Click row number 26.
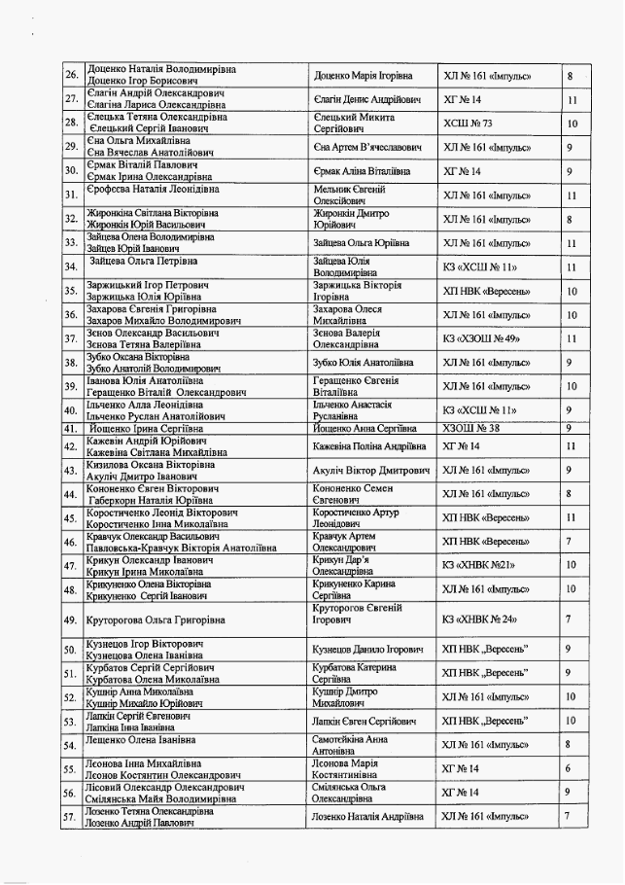coord(71,76)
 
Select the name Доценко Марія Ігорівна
coord(363,76)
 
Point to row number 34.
coord(71,266)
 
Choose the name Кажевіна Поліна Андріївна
coord(369,446)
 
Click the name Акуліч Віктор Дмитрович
coord(371,470)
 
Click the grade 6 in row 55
coord(570,768)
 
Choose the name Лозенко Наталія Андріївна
coord(368,816)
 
